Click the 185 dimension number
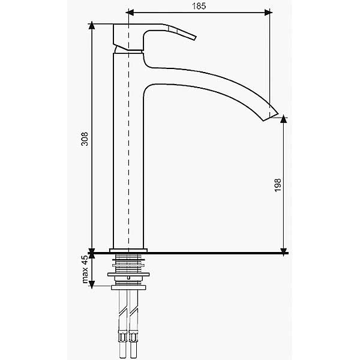coord(199,6)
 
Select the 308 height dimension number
coord(85,139)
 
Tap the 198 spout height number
coord(278,185)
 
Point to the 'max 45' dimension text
coord(85,269)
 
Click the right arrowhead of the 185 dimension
coord(268,13)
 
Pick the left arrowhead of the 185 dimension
coord(130,13)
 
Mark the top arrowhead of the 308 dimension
coord(92,25)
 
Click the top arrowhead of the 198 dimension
coord(284,119)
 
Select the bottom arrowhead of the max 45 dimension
coord(92,284)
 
